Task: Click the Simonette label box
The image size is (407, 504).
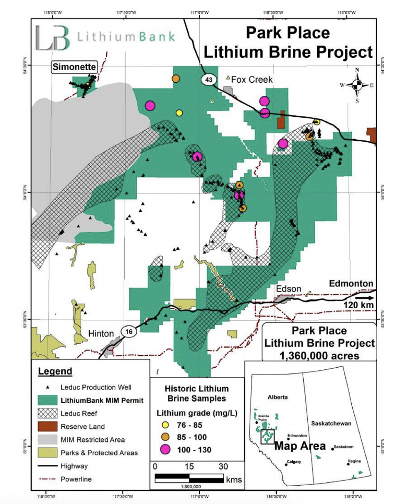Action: point(74,66)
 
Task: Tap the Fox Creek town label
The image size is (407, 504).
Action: point(252,79)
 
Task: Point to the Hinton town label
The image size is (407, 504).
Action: point(101,334)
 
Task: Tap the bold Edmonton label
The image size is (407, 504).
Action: point(351,283)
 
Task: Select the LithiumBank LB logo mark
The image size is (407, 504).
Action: point(52,38)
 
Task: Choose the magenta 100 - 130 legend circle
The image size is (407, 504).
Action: point(166,449)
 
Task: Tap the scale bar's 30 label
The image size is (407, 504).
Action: point(223,466)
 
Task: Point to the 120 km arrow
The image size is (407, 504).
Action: point(365,297)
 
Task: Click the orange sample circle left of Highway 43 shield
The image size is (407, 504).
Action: point(176,78)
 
